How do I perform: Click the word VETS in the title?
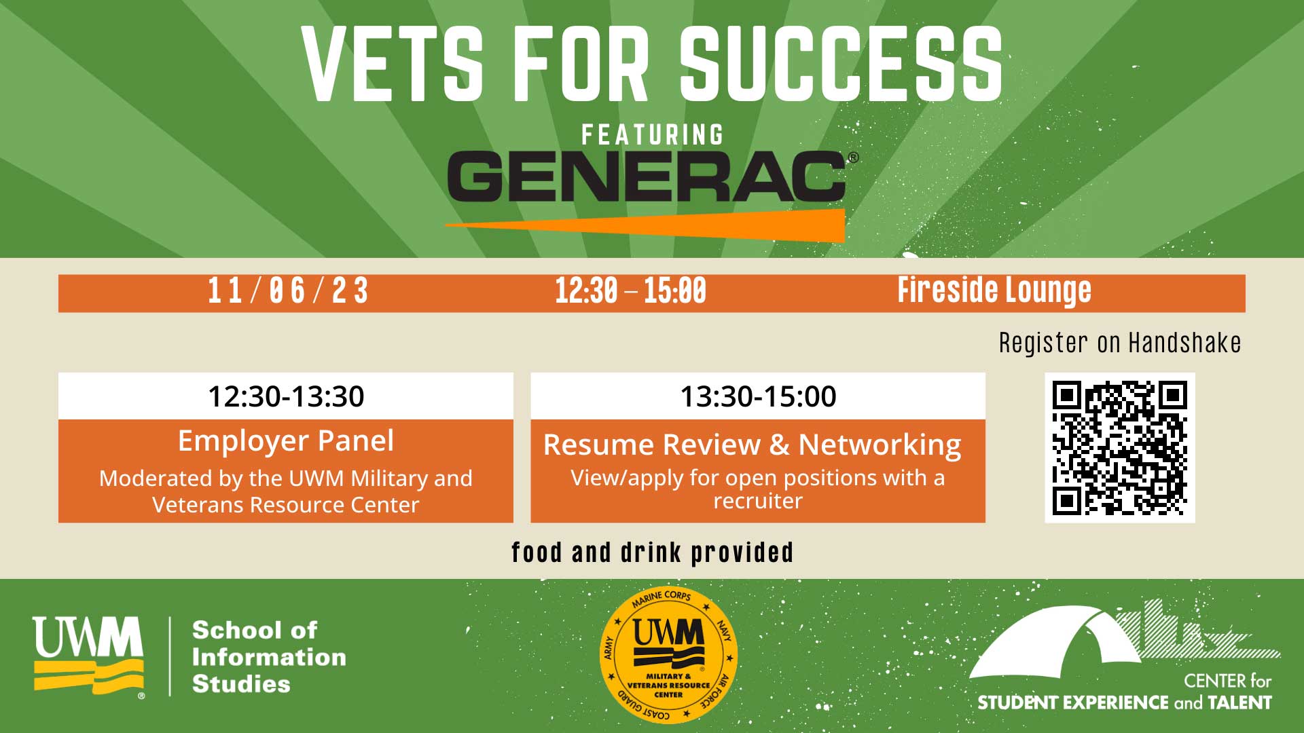point(393,64)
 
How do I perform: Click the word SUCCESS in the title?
point(841,64)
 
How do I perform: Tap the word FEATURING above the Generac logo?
point(653,134)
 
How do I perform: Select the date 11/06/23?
point(288,291)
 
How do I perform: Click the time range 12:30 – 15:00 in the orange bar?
point(630,291)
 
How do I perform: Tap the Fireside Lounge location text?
point(994,290)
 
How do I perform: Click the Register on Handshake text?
point(1120,343)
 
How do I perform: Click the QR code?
point(1120,448)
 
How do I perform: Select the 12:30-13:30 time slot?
point(286,396)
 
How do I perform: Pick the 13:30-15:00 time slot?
point(758,396)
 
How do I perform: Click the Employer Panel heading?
point(286,441)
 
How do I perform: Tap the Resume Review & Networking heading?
point(753,445)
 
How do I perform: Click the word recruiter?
point(758,502)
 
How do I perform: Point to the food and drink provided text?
point(653,553)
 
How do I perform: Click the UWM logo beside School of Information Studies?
point(88,656)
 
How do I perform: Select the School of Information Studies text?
point(269,656)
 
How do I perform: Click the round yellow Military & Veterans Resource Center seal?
point(669,655)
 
